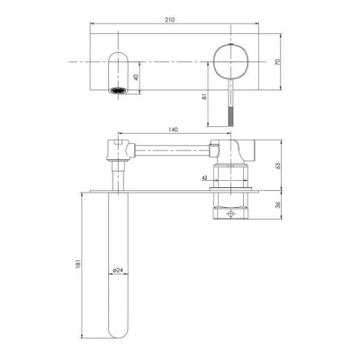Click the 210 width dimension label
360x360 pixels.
(x=169, y=20)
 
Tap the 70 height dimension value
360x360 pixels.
(x=277, y=62)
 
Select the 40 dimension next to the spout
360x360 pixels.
(x=136, y=77)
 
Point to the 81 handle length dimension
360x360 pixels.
(x=204, y=96)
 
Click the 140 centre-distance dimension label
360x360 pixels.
(x=174, y=130)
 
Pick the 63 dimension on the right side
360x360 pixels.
(x=277, y=166)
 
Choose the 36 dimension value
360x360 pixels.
(x=277, y=205)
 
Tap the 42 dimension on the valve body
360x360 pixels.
(x=204, y=178)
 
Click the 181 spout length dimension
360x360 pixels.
(x=79, y=264)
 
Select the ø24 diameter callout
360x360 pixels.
(x=118, y=270)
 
